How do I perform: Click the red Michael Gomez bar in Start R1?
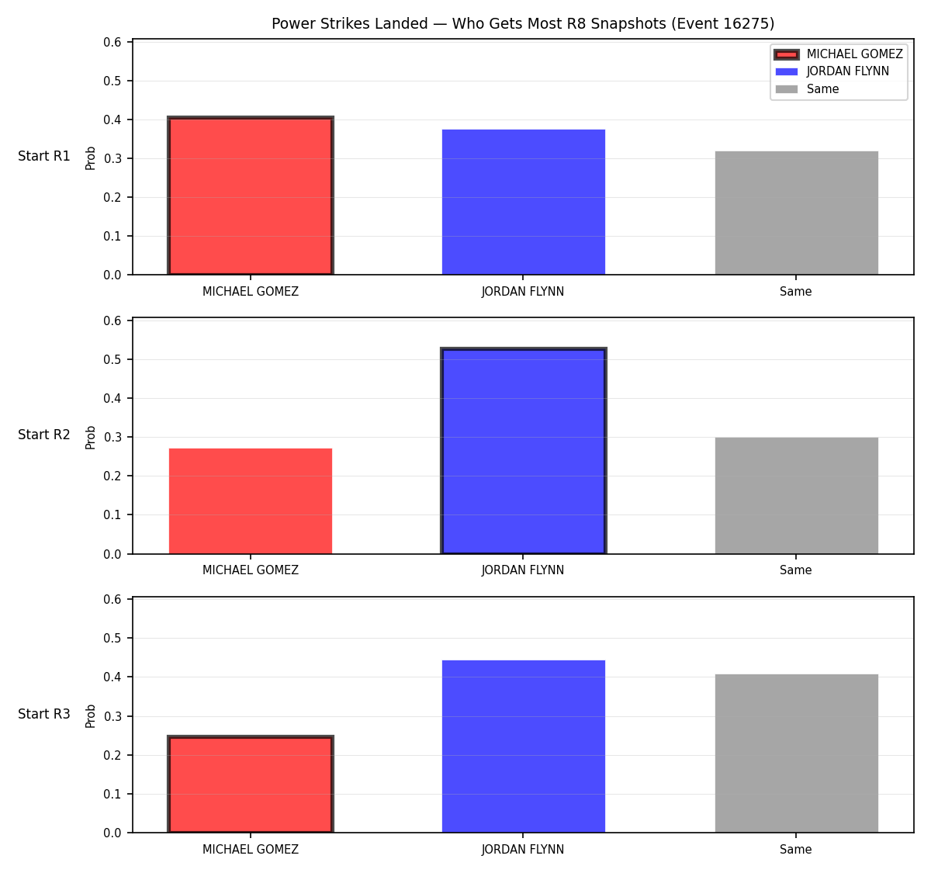coord(251,196)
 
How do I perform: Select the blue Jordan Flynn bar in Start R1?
coord(523,202)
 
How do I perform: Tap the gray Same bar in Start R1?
coord(796,213)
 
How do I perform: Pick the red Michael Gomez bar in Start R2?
coord(251,501)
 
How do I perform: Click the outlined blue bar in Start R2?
coord(523,451)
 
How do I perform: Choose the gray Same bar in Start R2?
coord(796,495)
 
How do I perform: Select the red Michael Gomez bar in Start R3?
coord(251,785)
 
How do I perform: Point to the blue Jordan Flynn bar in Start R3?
coord(523,747)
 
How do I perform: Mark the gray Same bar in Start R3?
coord(796,753)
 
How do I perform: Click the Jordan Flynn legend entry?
coord(832,71)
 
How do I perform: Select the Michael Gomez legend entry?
coord(839,54)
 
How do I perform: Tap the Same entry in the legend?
coord(807,89)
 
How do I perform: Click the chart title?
coord(523,23)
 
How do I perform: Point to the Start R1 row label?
coord(44,156)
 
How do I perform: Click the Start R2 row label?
coord(44,435)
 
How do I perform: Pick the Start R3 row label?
coord(44,713)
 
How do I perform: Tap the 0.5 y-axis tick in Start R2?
coord(112,359)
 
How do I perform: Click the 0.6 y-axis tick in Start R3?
coord(112,600)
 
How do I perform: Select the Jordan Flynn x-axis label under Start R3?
coord(523,849)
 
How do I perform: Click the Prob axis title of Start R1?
coord(90,158)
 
